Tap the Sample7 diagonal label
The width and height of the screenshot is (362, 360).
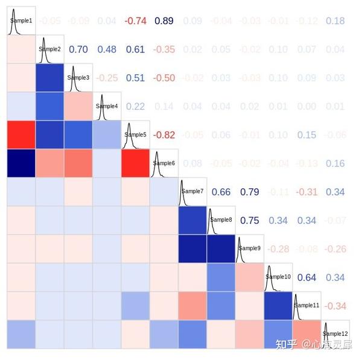(192, 191)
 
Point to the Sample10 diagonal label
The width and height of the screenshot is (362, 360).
(278, 277)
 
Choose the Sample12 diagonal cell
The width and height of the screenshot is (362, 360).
(334, 333)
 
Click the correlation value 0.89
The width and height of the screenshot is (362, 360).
(164, 21)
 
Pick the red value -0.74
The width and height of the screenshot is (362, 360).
(135, 21)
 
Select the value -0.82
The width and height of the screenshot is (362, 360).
(164, 135)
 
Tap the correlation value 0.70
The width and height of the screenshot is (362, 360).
(78, 49)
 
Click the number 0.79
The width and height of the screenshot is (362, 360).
(250, 192)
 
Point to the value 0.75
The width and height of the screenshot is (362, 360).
(250, 221)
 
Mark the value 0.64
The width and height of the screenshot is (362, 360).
(306, 278)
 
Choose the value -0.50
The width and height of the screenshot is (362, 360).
(164, 78)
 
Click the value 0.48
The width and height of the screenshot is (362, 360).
(107, 49)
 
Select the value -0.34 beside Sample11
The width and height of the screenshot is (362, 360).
(335, 306)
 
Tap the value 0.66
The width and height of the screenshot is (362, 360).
(221, 192)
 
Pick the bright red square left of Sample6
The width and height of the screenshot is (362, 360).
(135, 163)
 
